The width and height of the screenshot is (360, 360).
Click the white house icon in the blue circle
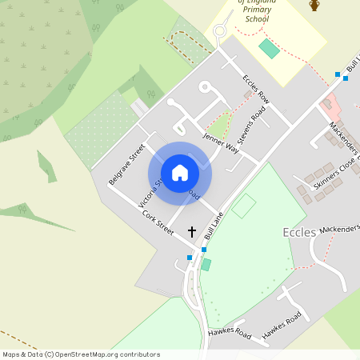(180, 172)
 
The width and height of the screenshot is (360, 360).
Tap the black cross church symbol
(191, 231)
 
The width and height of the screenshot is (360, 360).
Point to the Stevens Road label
(257, 126)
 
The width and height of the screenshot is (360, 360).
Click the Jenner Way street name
(221, 142)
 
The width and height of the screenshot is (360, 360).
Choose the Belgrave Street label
(126, 163)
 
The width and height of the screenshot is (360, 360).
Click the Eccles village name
(299, 232)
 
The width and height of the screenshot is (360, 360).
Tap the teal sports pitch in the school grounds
(269, 48)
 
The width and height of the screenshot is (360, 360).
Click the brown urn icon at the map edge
(314, 6)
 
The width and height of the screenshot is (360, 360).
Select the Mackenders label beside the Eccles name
(339, 230)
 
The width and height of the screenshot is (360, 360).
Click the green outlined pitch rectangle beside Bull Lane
(243, 206)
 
